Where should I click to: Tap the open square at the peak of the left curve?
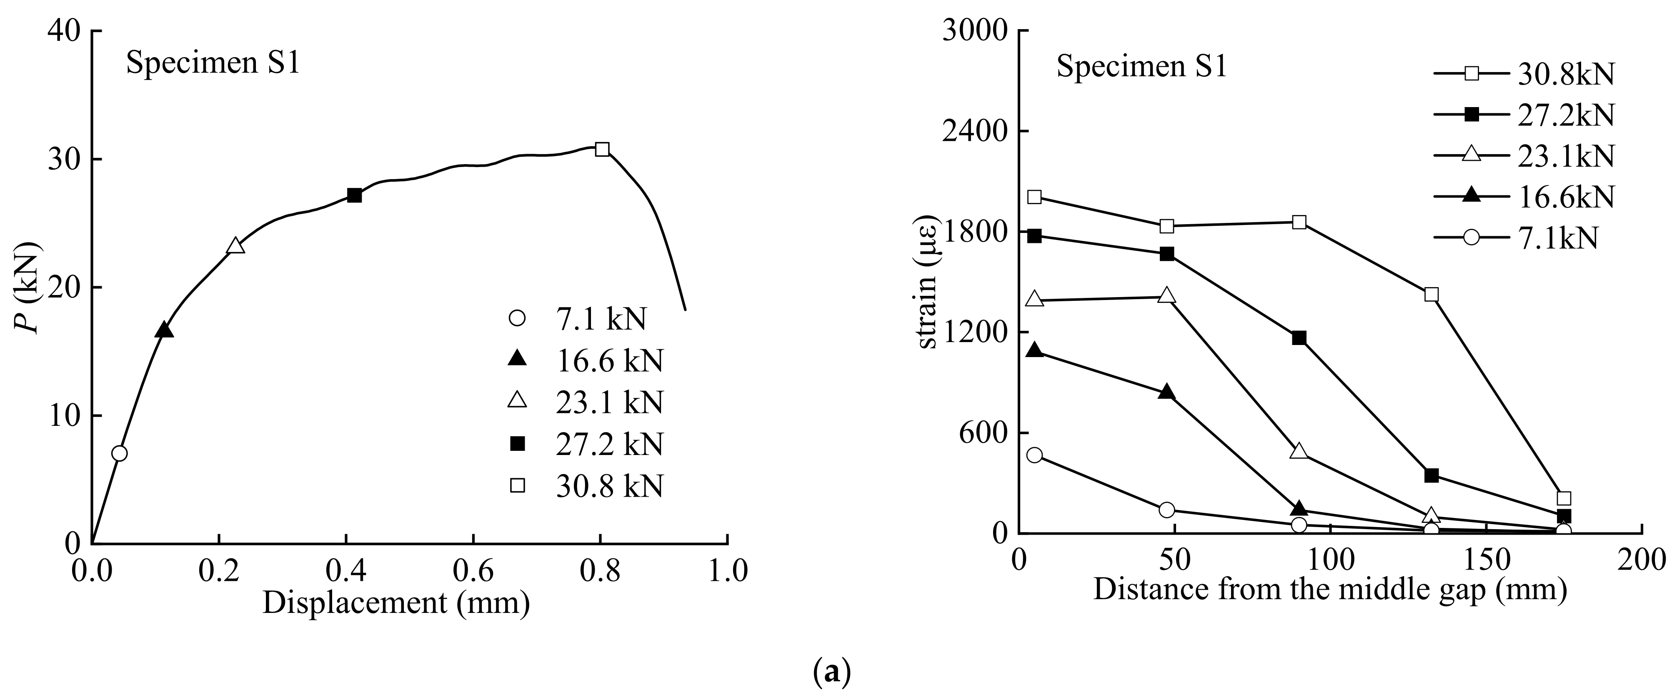click(602, 149)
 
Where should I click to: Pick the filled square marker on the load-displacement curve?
click(354, 195)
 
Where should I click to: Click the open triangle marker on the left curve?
click(235, 246)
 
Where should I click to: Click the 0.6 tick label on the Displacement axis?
click(473, 571)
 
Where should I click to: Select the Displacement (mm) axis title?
click(396, 602)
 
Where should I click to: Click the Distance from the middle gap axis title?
click(1330, 589)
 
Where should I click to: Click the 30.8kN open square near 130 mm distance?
click(1431, 294)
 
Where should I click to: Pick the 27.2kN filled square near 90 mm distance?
click(1299, 338)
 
